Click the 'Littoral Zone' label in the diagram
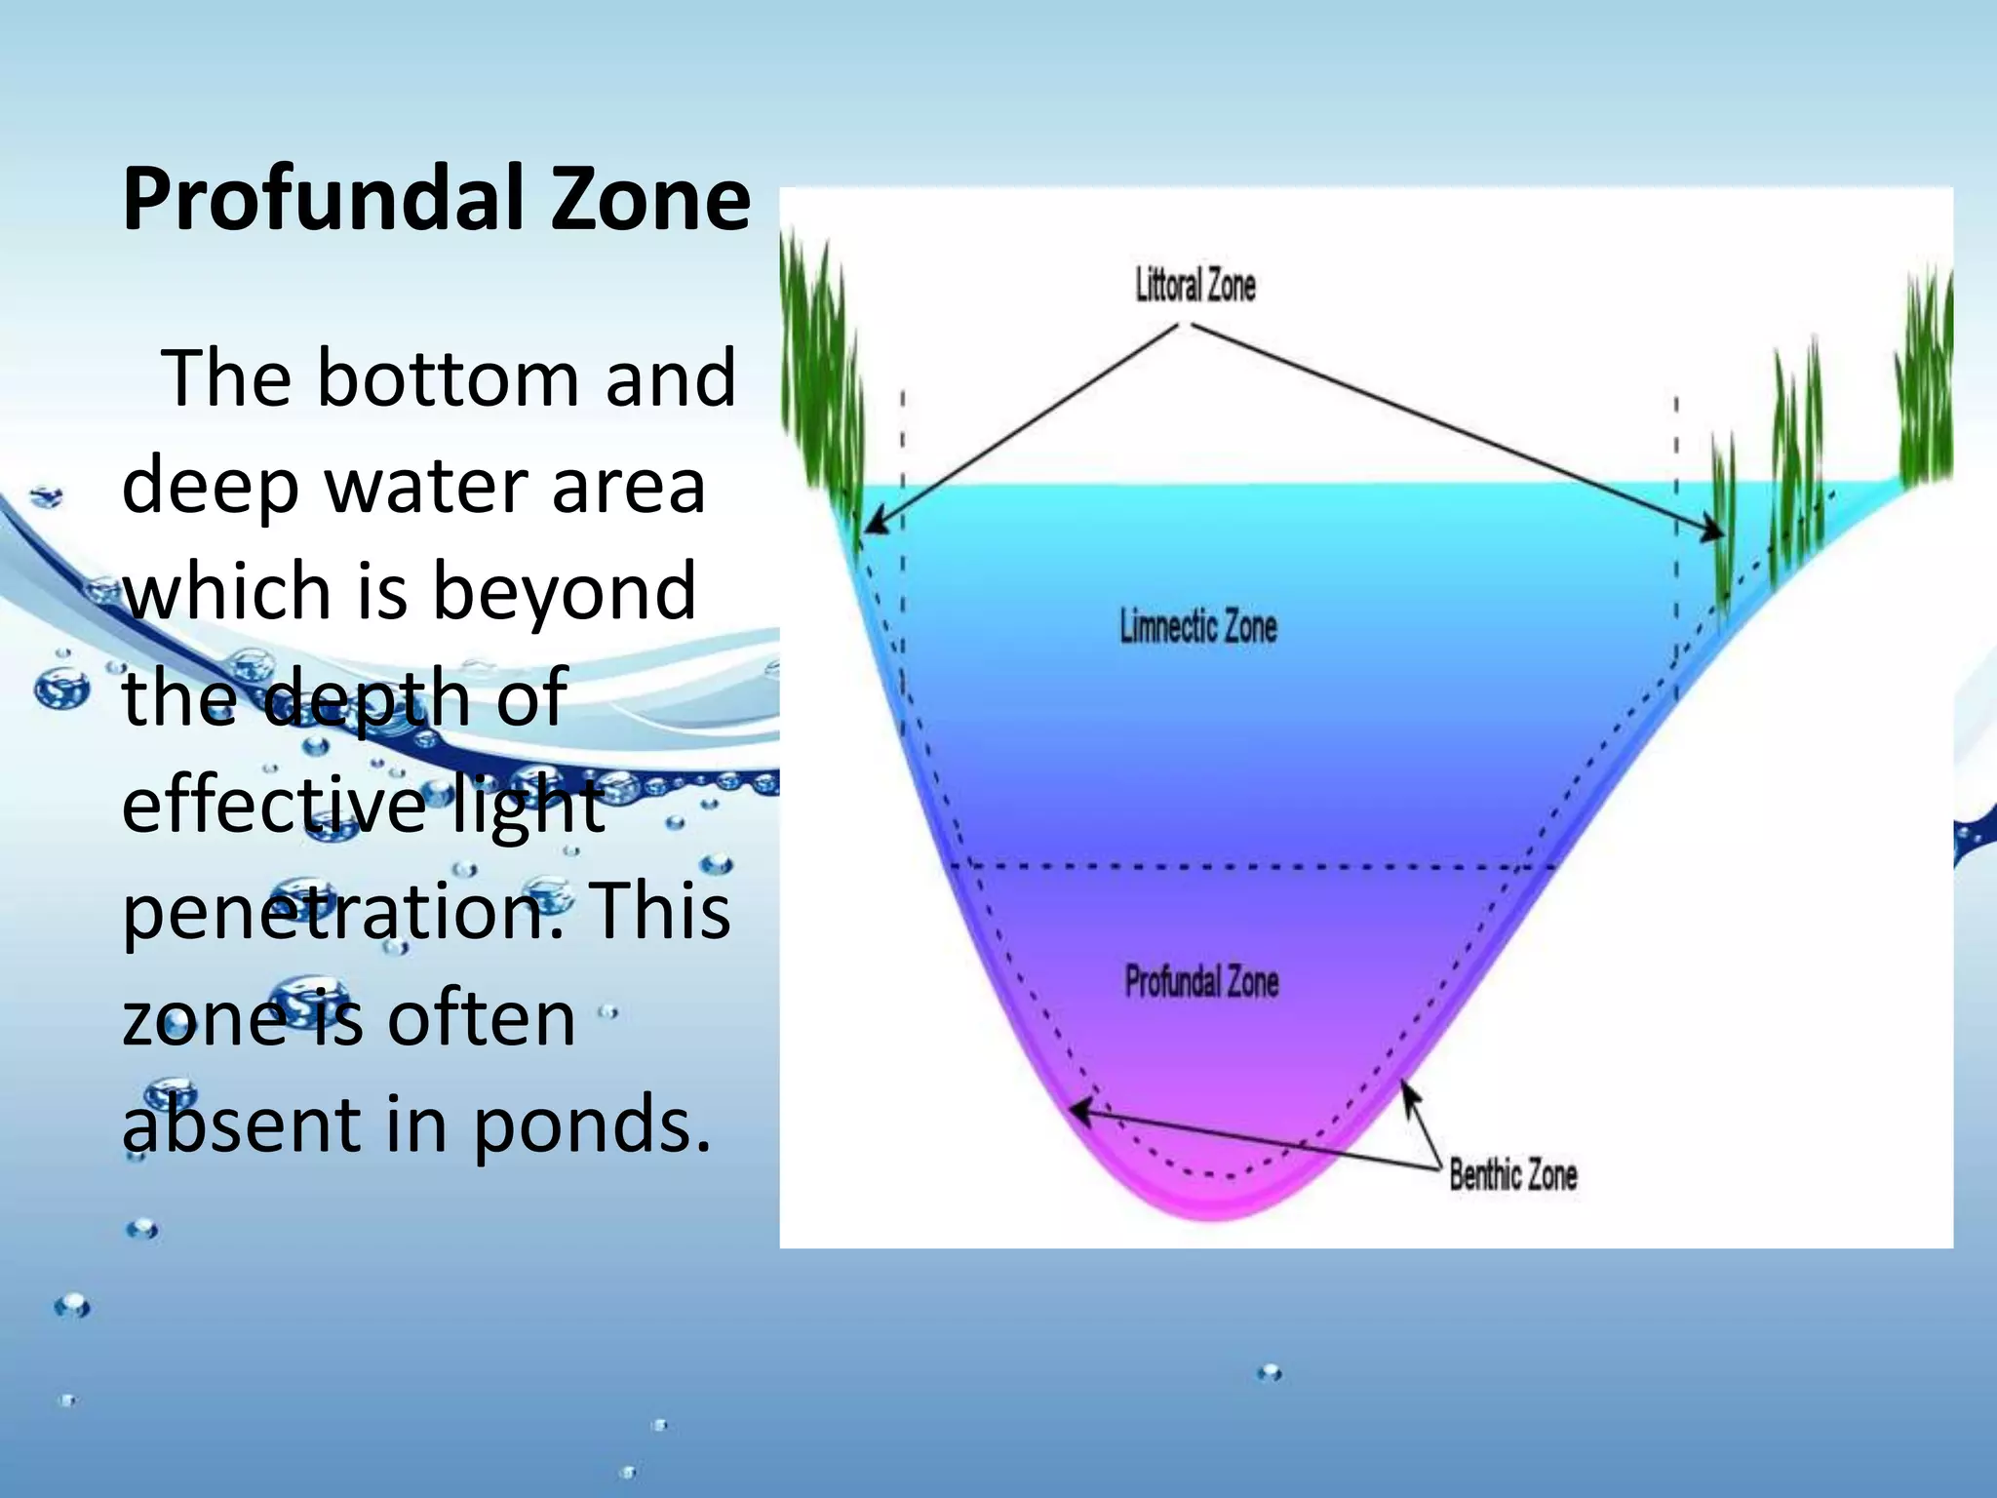[1195, 286]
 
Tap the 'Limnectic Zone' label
[1197, 626]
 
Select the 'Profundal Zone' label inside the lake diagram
[1201, 981]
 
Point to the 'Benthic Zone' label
[1512, 1174]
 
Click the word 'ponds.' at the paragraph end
[593, 1124]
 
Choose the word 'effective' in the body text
[274, 806]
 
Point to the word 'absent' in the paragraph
[242, 1124]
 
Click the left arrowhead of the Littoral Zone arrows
[873, 525]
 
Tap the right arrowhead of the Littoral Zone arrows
[1715, 532]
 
